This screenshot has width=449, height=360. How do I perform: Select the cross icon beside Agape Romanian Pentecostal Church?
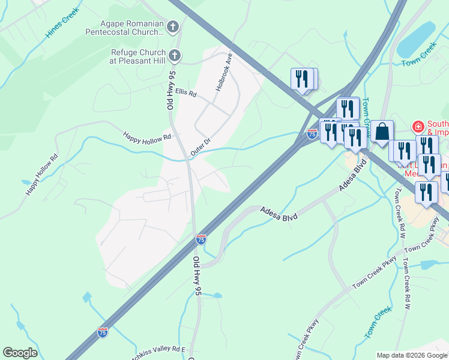(173, 26)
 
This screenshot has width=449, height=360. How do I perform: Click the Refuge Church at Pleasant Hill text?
(137, 56)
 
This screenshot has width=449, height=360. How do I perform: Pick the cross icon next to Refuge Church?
(174, 56)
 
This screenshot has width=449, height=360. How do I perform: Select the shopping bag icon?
(382, 131)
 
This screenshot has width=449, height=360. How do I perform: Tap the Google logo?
(20, 353)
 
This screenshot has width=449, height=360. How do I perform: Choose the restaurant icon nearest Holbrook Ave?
(302, 79)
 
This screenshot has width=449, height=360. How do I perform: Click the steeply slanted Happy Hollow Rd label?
(41, 175)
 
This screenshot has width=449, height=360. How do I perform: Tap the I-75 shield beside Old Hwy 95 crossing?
(201, 239)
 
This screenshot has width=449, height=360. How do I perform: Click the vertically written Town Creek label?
(367, 112)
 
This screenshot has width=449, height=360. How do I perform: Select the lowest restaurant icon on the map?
(426, 193)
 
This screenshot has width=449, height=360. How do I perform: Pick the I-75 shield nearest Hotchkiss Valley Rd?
(103, 332)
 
